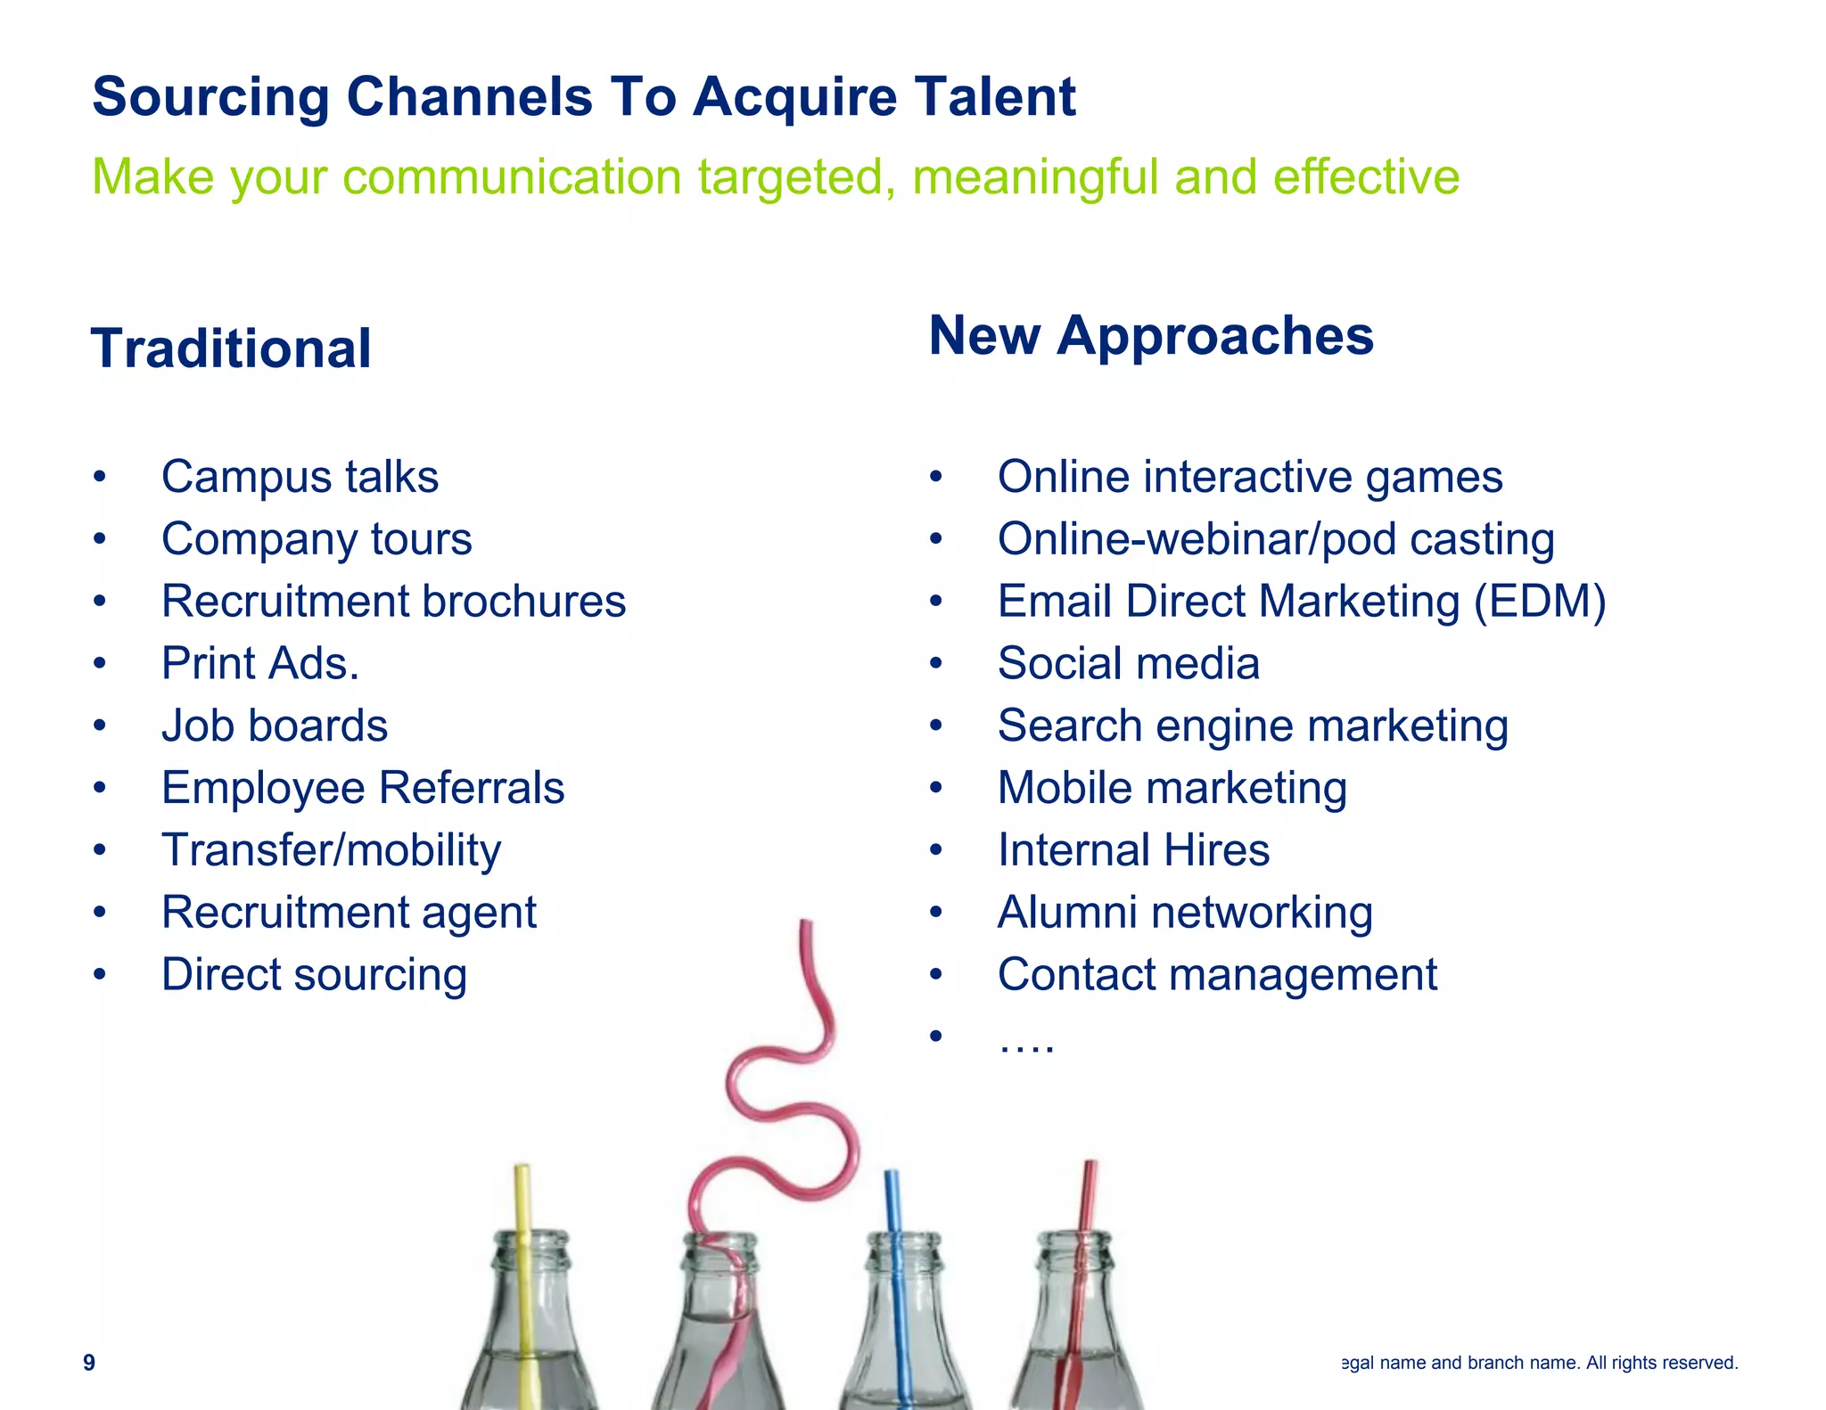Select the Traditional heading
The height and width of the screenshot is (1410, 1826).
click(x=231, y=348)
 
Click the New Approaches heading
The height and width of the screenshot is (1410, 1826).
click(x=1150, y=336)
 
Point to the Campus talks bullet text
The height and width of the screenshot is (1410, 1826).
click(x=300, y=477)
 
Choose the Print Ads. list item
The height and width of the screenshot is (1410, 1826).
click(x=260, y=664)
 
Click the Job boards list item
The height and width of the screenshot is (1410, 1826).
click(x=275, y=725)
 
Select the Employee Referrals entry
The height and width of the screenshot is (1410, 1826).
click(x=363, y=788)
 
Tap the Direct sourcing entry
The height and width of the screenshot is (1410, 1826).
click(x=314, y=975)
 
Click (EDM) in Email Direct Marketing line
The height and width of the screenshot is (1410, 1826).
click(x=1539, y=602)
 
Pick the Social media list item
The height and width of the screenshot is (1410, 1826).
click(x=1128, y=664)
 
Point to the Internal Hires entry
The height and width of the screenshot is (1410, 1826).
click(x=1133, y=850)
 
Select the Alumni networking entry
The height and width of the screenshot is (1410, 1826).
click(x=1185, y=913)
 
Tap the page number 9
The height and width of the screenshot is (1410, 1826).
click(x=89, y=1362)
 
